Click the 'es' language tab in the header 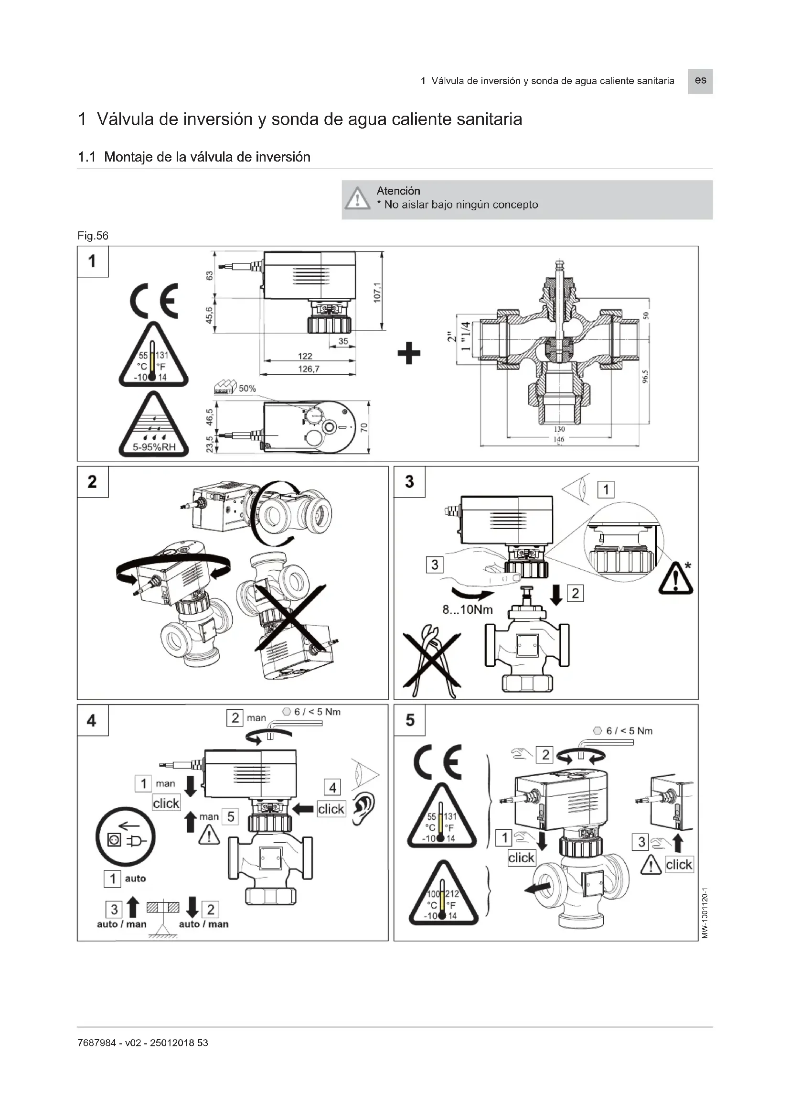point(700,81)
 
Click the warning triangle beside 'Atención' point(358,199)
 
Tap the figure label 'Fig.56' point(93,236)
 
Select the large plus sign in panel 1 point(409,353)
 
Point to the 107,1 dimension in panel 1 point(377,292)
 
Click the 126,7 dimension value point(309,369)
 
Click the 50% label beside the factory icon point(247,389)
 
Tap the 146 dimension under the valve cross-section point(559,439)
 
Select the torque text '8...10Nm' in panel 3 point(468,609)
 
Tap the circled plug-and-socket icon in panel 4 point(126,838)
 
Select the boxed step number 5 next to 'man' point(231,816)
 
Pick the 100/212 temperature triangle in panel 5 point(442,895)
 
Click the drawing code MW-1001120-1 point(705,913)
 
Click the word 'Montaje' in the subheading point(128,157)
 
